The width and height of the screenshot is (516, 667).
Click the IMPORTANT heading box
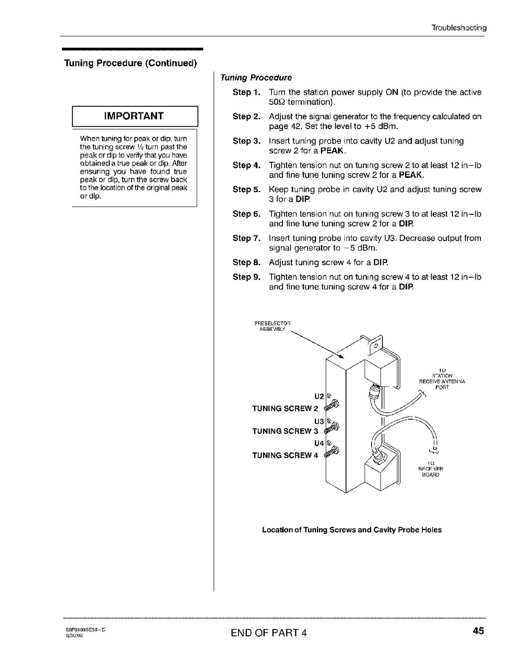point(135,116)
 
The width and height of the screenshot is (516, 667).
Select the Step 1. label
point(246,92)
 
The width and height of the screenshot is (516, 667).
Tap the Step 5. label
point(246,189)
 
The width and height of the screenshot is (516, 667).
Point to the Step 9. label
point(246,277)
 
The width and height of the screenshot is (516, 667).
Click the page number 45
point(478,631)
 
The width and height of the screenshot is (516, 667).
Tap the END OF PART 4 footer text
point(269,632)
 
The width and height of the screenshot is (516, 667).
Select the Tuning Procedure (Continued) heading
point(130,63)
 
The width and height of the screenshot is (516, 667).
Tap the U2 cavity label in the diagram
point(319,396)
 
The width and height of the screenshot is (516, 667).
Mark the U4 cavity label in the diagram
point(319,443)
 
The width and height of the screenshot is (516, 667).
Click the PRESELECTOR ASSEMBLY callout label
point(272,326)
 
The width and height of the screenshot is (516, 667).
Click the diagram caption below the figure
point(352,530)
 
